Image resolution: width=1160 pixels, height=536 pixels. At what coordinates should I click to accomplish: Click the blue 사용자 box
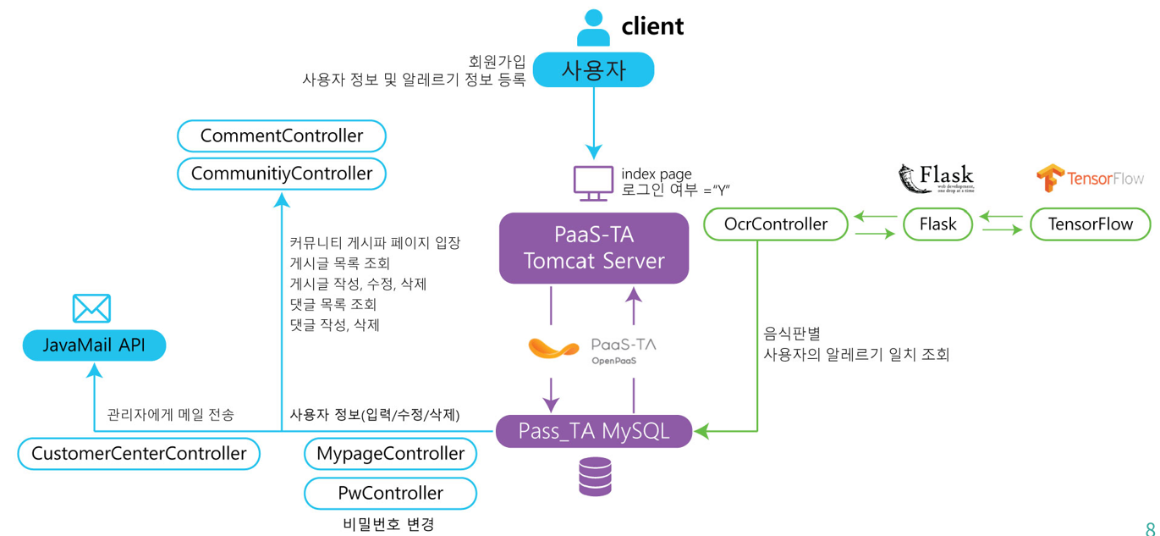593,70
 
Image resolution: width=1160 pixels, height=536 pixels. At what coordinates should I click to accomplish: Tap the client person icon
593,27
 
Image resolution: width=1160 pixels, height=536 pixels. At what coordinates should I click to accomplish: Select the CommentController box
282,135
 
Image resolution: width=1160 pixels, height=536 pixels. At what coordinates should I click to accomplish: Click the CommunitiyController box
282,174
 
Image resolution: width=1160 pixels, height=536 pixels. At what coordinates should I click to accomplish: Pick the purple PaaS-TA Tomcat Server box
594,248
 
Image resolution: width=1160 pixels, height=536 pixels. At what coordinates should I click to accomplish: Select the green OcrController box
776,224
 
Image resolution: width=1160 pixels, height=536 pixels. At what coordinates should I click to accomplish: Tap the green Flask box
937,224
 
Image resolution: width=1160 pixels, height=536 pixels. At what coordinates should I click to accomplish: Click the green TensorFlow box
1090,224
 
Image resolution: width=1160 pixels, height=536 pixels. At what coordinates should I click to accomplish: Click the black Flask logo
936,179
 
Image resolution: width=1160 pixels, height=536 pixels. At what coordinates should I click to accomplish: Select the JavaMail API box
94,345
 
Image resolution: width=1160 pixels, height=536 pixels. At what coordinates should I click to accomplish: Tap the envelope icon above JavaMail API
91,308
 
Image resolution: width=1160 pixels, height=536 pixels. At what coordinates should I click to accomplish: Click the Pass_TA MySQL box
594,431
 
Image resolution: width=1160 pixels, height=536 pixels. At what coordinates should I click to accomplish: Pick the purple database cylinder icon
595,476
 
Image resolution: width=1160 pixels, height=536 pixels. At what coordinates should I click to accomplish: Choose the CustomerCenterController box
139,453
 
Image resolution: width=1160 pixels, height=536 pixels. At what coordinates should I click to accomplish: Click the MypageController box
390,453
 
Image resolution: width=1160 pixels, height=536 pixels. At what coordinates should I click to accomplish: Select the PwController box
390,493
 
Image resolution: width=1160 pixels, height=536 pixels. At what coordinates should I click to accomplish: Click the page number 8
1150,526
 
